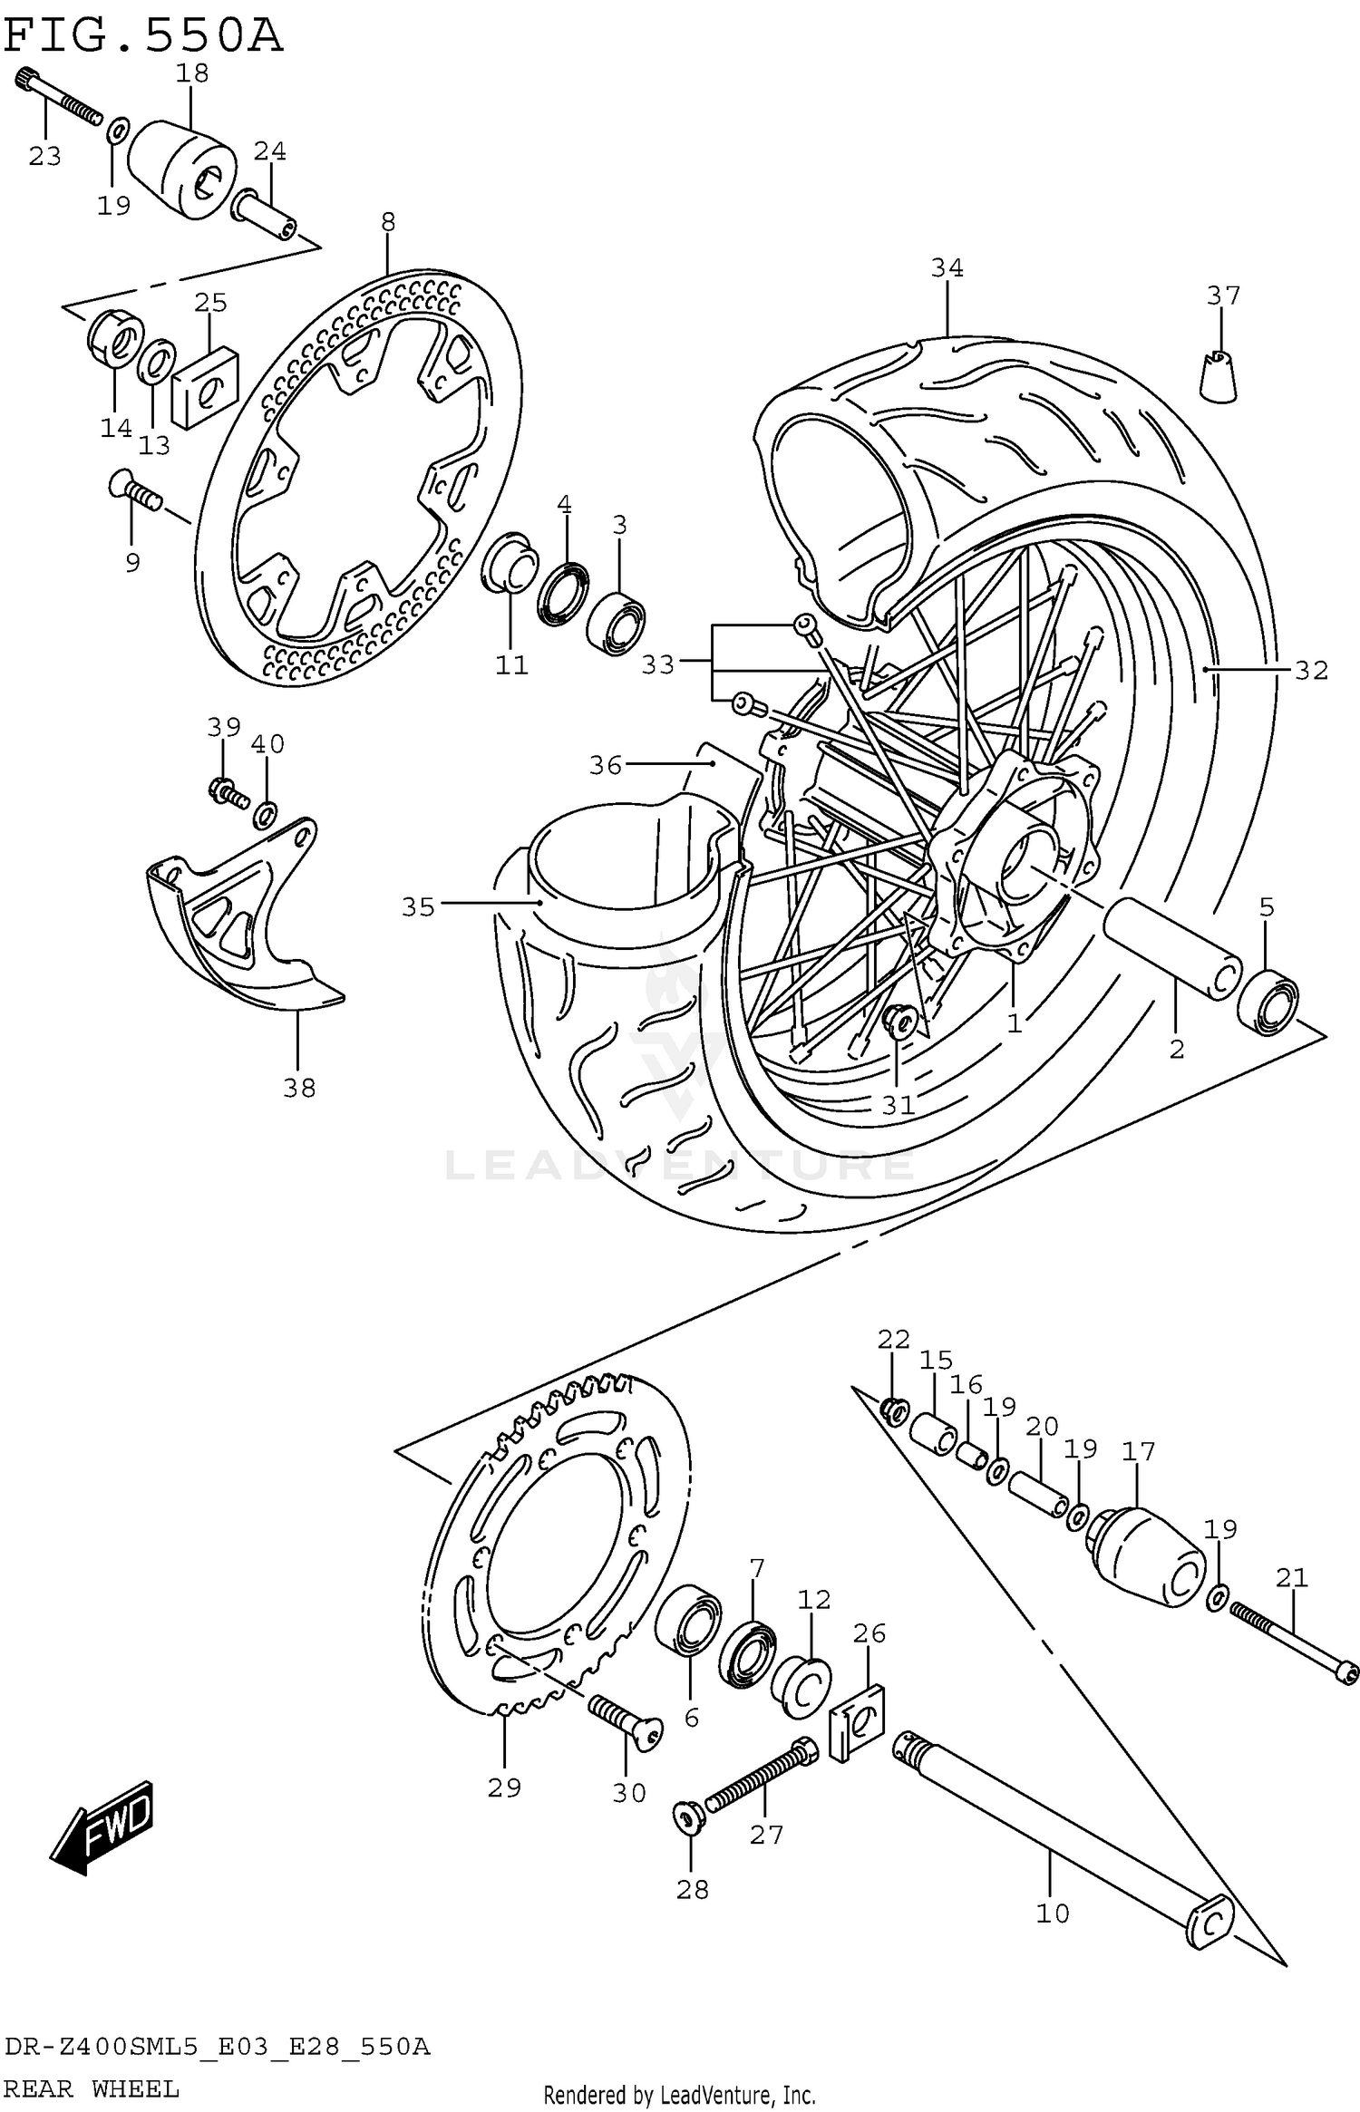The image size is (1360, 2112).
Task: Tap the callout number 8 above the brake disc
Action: (x=388, y=221)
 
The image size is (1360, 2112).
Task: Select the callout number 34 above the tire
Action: (x=947, y=267)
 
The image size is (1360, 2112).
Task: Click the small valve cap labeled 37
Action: (x=1219, y=375)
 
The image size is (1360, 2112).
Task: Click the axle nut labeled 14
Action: (x=113, y=339)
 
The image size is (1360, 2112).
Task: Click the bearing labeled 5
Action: (x=1268, y=1001)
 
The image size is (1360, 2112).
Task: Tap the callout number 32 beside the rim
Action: (x=1311, y=671)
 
